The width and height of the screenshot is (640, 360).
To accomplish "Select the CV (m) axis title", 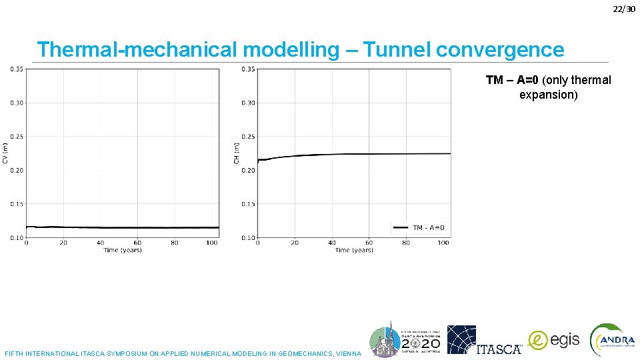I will [5, 153].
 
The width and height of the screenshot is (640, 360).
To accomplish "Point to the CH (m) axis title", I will [236, 153].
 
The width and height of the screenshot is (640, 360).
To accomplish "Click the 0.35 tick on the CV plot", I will [16, 69].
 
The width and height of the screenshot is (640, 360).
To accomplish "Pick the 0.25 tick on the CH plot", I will [247, 137].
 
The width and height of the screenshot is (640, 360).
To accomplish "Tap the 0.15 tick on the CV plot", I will [16, 204].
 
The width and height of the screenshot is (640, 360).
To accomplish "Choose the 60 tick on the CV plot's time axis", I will [137, 243].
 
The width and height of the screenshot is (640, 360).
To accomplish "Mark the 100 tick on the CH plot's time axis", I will [443, 243].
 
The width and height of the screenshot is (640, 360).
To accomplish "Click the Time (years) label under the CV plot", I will [123, 250].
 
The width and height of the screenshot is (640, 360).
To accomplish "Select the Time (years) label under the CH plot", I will [354, 250].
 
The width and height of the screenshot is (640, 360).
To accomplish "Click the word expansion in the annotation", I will [548, 95].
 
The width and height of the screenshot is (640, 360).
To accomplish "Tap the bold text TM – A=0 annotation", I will [512, 80].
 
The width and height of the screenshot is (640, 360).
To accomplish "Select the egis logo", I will [554, 340].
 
